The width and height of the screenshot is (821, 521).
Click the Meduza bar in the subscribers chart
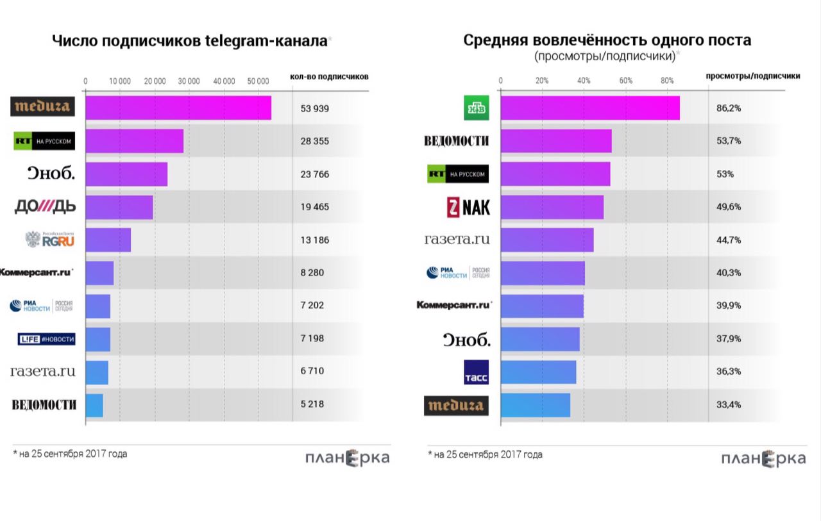point(178,108)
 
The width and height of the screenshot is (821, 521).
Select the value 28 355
point(314,141)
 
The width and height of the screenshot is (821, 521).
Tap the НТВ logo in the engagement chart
point(476,108)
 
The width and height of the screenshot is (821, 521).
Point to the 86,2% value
point(729,108)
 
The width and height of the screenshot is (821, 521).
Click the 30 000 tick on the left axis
point(189,81)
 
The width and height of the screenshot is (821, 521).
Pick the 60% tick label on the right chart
point(626,81)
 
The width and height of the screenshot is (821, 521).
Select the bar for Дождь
point(119,207)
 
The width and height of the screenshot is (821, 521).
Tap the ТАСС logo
point(476,372)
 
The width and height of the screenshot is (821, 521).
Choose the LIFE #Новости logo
point(46,339)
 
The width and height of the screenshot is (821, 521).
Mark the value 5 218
point(312,404)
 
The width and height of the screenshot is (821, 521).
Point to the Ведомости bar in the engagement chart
point(555,141)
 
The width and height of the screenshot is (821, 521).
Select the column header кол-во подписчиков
point(329,77)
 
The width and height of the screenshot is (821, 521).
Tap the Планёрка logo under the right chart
point(763,459)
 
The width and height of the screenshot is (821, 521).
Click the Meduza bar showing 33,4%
point(536,405)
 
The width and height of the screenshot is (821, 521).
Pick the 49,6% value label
point(729,207)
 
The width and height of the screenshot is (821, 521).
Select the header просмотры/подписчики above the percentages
point(752,76)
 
